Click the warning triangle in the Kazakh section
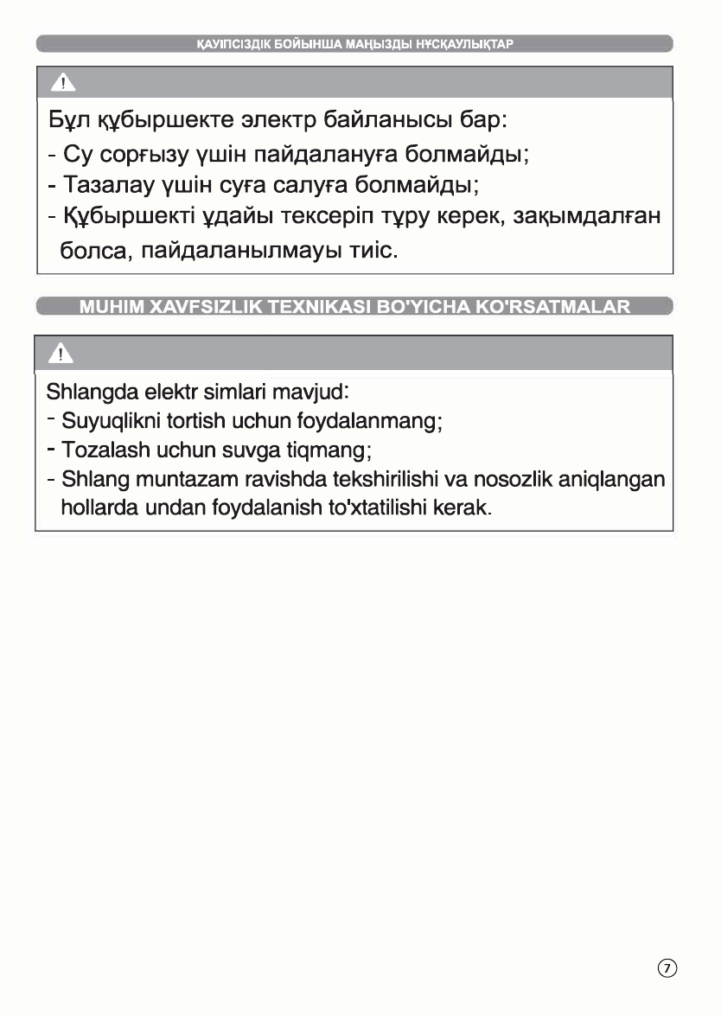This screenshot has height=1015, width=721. point(61,83)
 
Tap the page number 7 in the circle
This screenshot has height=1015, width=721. point(667,967)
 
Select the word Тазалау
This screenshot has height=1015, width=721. point(105,185)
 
